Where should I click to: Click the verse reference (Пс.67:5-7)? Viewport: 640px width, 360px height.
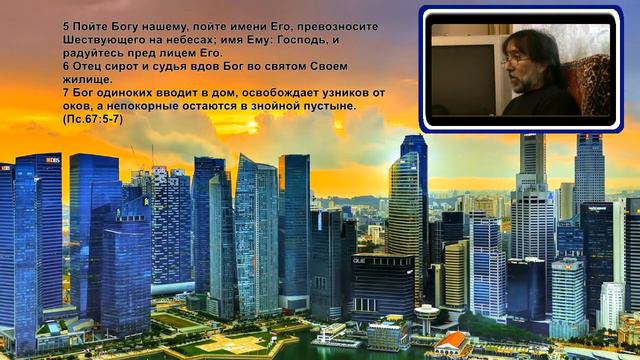tap(92, 118)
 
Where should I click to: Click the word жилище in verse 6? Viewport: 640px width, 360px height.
tap(90, 79)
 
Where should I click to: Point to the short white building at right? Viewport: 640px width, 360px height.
tap(611, 304)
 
